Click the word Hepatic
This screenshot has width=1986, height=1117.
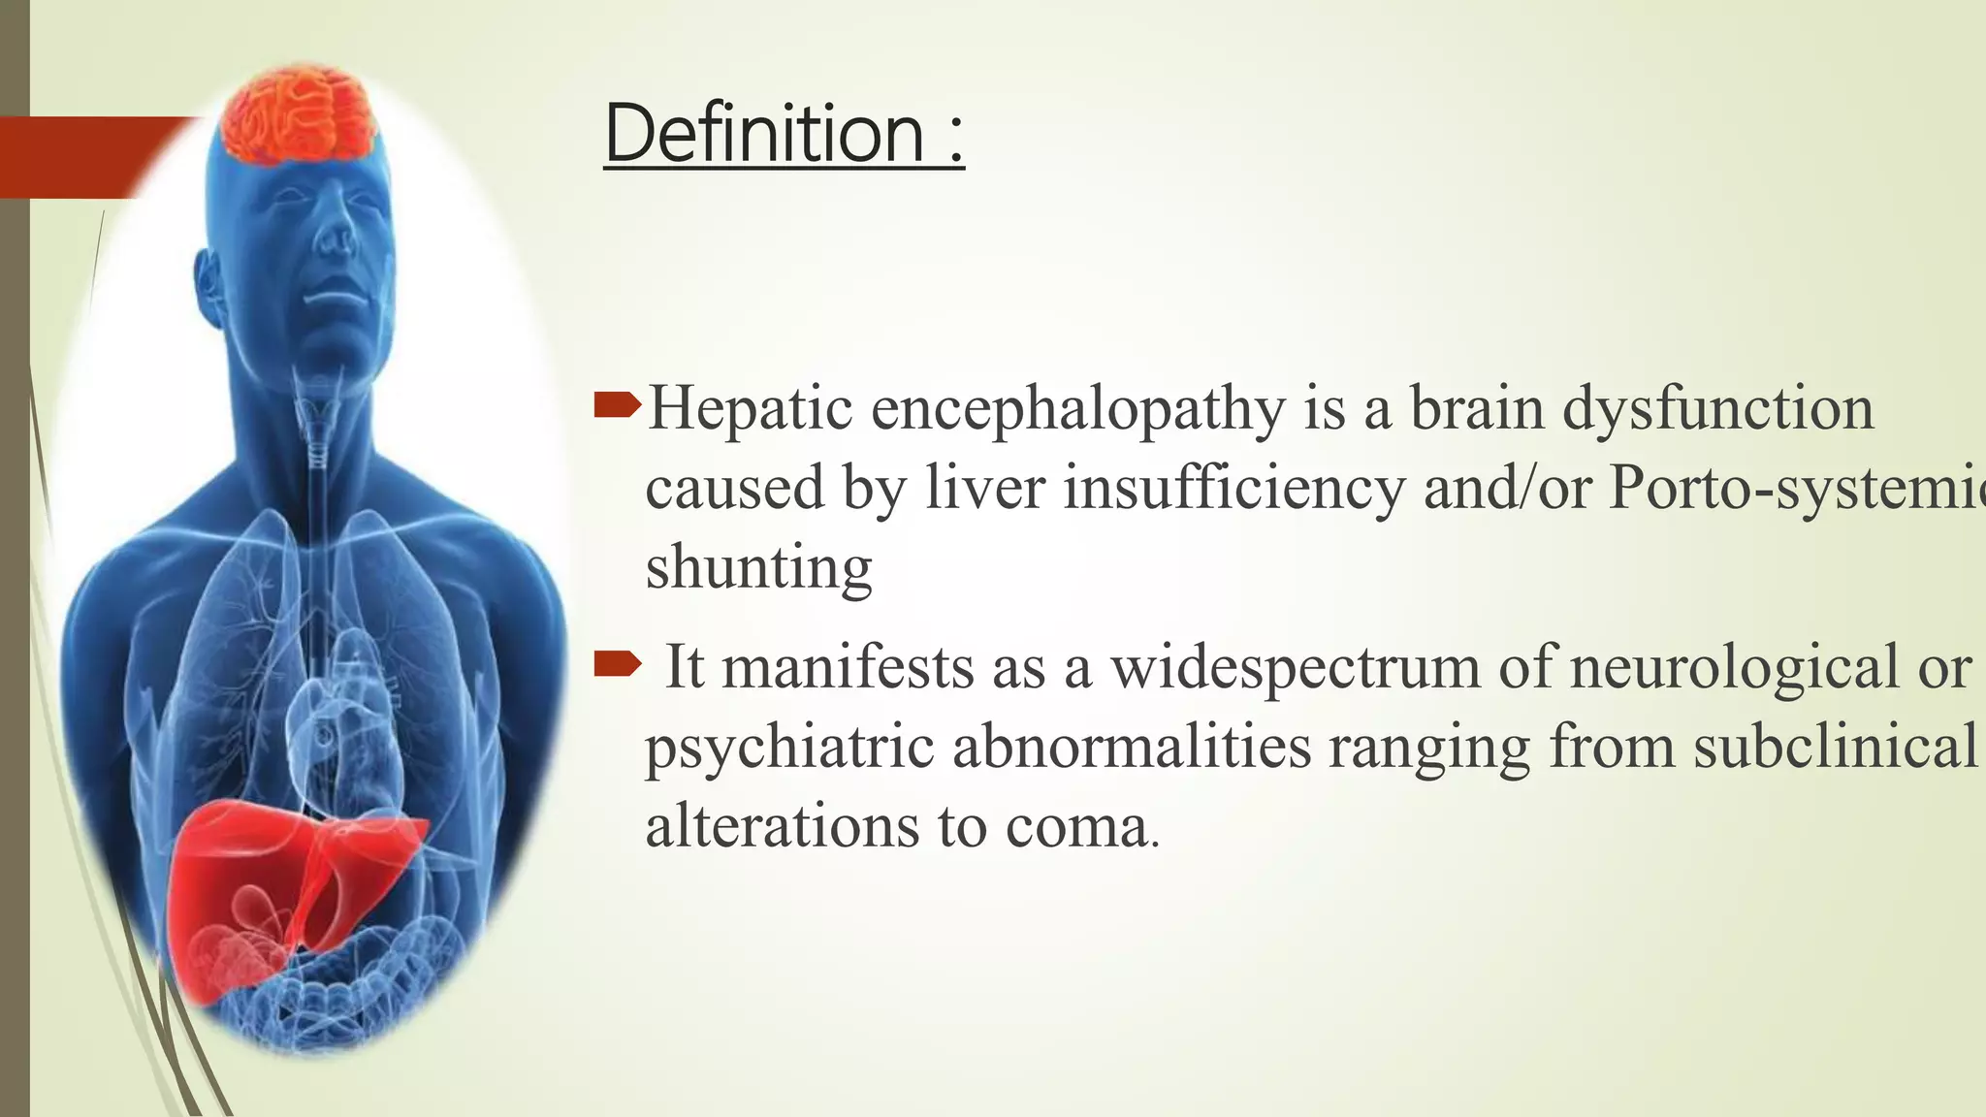[750, 408]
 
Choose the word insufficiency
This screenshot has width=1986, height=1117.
[1233, 488]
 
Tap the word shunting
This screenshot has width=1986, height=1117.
[758, 567]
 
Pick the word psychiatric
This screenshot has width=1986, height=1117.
[789, 749]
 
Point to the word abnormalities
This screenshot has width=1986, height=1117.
[1131, 747]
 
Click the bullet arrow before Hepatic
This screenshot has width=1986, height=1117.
[617, 405]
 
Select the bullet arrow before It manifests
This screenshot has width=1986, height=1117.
[617, 664]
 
